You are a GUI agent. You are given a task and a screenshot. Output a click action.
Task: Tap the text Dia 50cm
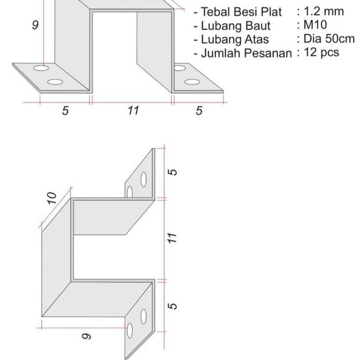pos(328,39)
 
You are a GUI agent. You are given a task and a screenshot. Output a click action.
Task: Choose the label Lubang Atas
pos(235,39)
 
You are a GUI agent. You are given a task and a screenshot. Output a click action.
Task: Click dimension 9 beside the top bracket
pos(35,25)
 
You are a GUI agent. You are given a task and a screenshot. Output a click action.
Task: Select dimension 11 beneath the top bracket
pos(133,110)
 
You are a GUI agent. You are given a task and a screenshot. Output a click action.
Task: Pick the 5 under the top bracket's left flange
pos(65,110)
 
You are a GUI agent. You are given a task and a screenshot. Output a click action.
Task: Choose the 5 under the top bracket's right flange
pos(199,110)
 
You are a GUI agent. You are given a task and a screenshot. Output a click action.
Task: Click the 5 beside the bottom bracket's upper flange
pos(172,172)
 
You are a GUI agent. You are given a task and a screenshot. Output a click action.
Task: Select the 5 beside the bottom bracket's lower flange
pos(172,306)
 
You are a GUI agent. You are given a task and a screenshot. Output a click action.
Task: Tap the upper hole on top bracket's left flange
pos(40,69)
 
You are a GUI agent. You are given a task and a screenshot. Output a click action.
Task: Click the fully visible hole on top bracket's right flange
pos(192,82)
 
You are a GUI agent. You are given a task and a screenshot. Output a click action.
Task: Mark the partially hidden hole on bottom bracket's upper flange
pos(130,192)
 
